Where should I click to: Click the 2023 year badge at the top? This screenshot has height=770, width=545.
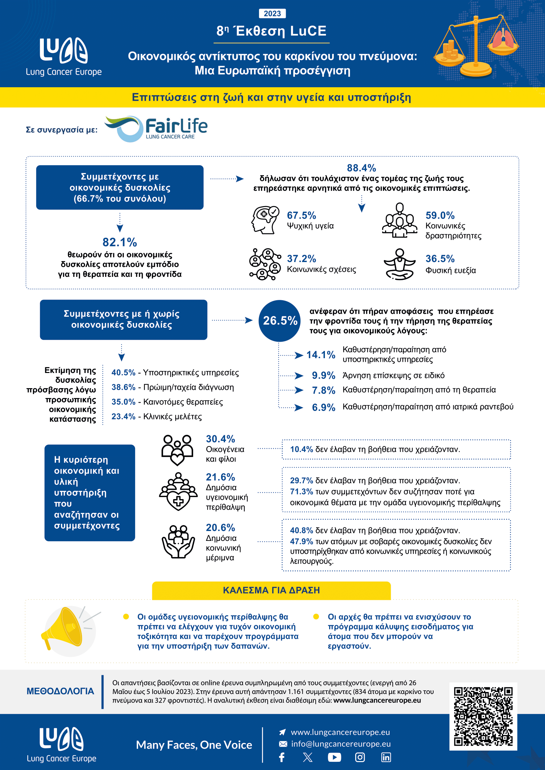[272, 13]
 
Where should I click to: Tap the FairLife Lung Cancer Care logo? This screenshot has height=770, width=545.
[157, 129]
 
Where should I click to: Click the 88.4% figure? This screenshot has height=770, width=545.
[361, 168]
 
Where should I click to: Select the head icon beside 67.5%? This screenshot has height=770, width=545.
[265, 220]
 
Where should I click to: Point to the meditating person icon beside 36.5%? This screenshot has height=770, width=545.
[399, 264]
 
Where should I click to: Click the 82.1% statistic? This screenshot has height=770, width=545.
[120, 242]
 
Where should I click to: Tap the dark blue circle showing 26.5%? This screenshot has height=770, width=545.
[279, 321]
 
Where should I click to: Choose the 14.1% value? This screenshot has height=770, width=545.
[321, 355]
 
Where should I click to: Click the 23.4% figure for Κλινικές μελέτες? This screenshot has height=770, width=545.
[123, 416]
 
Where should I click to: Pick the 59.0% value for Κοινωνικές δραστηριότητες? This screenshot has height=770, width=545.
[440, 215]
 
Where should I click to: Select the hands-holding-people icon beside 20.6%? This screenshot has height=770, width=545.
[178, 541]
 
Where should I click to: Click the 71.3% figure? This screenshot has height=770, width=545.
[301, 491]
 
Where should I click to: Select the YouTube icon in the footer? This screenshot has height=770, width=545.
[334, 757]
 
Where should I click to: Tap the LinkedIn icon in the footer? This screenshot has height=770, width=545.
[386, 757]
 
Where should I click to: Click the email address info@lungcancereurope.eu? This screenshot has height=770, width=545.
[341, 744]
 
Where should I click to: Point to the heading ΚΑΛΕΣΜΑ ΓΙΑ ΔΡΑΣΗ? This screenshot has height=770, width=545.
[271, 590]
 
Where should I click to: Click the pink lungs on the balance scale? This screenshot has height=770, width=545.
[503, 39]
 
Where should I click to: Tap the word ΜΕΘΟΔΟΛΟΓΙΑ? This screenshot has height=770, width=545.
[60, 691]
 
